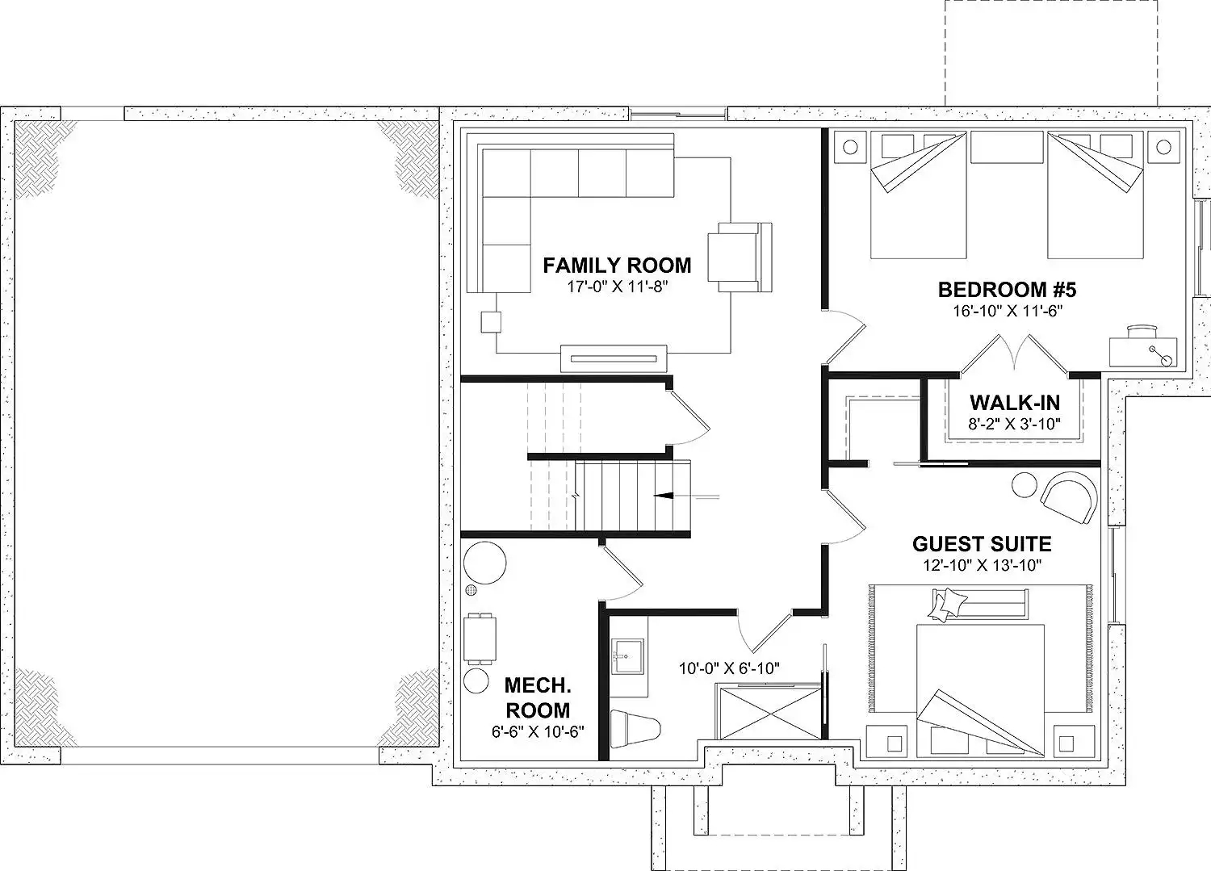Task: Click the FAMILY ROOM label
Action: (x=617, y=266)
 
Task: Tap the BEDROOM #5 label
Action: (x=1008, y=290)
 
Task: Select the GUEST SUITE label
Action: (x=983, y=543)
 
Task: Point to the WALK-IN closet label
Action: (x=1015, y=403)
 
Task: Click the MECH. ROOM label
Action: (x=538, y=697)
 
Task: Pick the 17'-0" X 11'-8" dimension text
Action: (x=618, y=287)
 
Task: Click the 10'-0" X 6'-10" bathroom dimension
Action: (x=729, y=669)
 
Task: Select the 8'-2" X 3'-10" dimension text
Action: (x=1014, y=424)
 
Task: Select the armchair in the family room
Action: (x=740, y=258)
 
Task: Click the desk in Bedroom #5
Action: (x=1143, y=352)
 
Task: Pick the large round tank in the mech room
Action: (x=485, y=563)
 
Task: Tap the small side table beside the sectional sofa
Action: (x=491, y=322)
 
